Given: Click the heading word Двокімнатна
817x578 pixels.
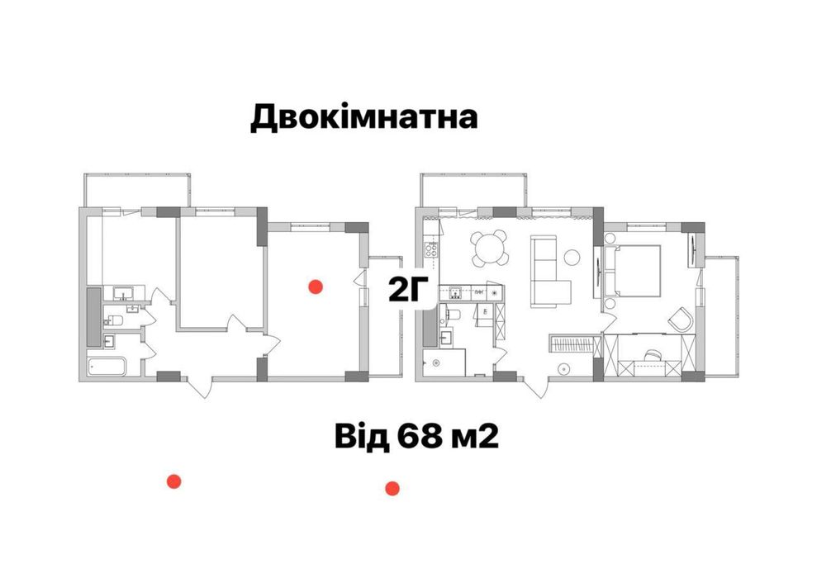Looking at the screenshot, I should pyautogui.click(x=364, y=117).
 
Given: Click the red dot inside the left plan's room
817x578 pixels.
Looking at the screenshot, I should pyautogui.click(x=314, y=287).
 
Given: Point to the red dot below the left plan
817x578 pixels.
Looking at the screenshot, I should pyautogui.click(x=173, y=481).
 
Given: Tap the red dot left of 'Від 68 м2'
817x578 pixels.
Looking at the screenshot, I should pyautogui.click(x=393, y=488).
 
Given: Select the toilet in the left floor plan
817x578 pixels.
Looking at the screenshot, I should pyautogui.click(x=116, y=320).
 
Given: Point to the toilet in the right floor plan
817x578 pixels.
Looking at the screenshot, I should pyautogui.click(x=453, y=315).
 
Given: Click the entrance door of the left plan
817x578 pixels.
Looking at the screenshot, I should pyautogui.click(x=199, y=385).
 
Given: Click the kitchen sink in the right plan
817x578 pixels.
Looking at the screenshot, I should pyautogui.click(x=454, y=291).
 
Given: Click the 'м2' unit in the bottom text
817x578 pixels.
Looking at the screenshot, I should pyautogui.click(x=473, y=435).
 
